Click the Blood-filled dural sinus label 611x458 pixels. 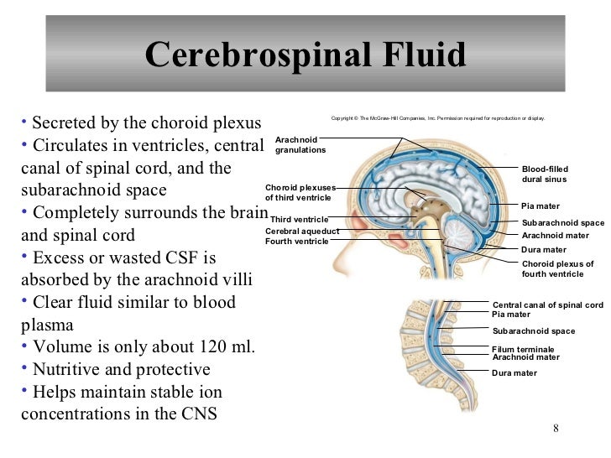(x=545, y=174)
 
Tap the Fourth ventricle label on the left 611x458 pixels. (x=297, y=241)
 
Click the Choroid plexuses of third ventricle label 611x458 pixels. (x=300, y=192)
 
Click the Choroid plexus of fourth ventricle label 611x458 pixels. (x=557, y=268)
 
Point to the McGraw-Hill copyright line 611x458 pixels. (x=438, y=118)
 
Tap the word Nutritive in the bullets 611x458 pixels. (x=66, y=369)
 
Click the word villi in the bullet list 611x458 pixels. (x=235, y=279)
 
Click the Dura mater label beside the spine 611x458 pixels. (x=514, y=372)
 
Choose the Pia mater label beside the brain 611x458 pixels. (x=540, y=206)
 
